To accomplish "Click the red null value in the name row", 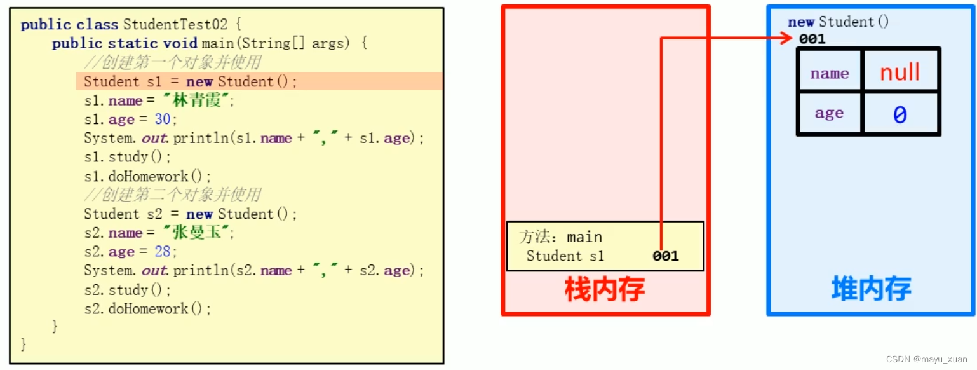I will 900,72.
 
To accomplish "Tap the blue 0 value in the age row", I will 900,114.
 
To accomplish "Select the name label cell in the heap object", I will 829,73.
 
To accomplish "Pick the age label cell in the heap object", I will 829,114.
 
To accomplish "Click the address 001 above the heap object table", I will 812,39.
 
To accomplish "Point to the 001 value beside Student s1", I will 665,256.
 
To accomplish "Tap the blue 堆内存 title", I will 871,289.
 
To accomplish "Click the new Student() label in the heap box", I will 839,22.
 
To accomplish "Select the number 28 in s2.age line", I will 163,252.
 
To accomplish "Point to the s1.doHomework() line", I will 147,176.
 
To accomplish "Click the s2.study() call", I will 127,290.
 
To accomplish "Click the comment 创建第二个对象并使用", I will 173,195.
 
